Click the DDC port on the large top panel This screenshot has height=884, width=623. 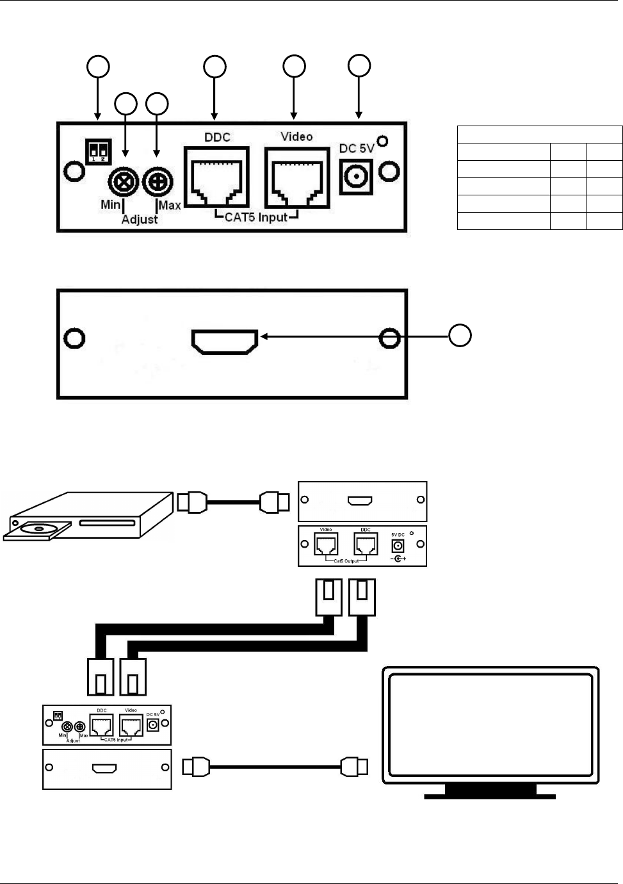216,177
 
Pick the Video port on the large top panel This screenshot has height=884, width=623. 297,177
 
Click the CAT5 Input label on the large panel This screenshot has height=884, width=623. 255,217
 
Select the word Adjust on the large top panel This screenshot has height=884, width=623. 140,219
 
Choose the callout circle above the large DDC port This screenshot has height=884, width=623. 214,67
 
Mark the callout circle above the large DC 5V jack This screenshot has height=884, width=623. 359,65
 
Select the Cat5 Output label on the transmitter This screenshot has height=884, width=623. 346,561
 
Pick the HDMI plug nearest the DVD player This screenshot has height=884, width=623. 191,502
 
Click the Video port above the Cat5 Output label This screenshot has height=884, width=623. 326,544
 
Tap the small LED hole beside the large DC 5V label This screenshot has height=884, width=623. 382,140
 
